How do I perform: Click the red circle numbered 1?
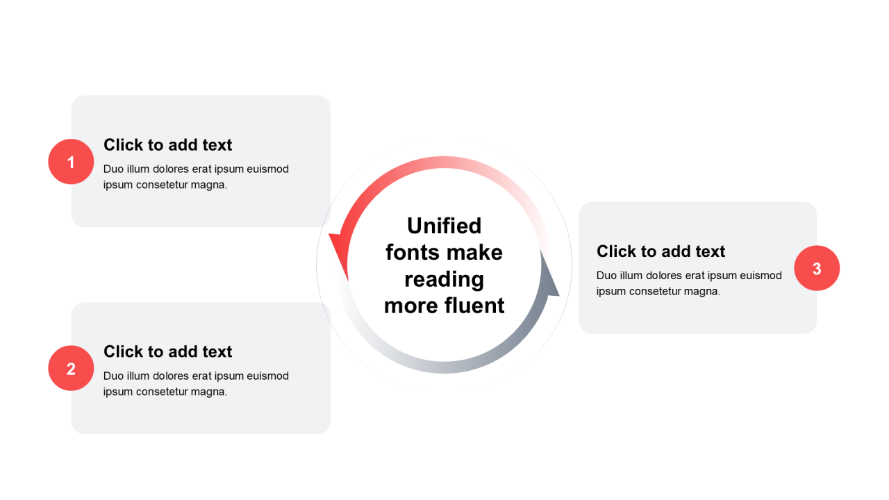coord(71,162)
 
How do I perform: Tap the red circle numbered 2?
coord(71,368)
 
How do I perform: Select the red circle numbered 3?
coord(817,268)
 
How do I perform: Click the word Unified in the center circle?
coord(444,226)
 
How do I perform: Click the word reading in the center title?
coord(444,279)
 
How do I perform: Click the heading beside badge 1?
coord(167,145)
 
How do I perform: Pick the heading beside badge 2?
coord(167,351)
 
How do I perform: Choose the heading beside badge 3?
coord(660,251)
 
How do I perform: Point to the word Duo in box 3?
coord(606,276)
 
